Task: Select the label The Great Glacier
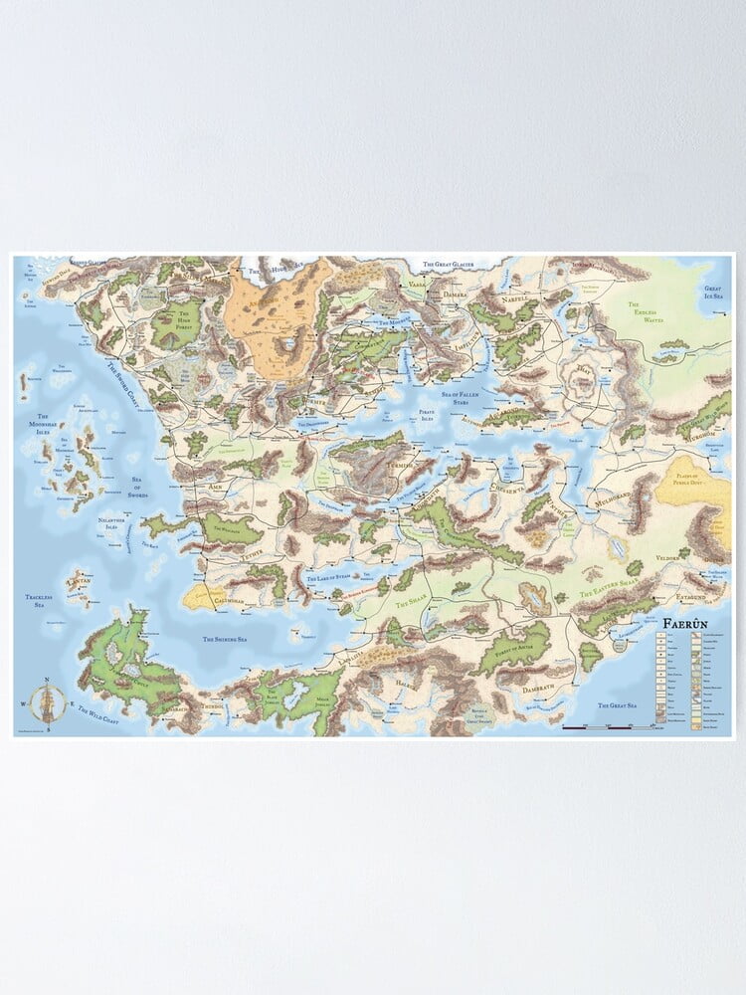click(456, 265)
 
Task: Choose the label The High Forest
click(176, 318)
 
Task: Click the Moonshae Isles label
click(44, 424)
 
